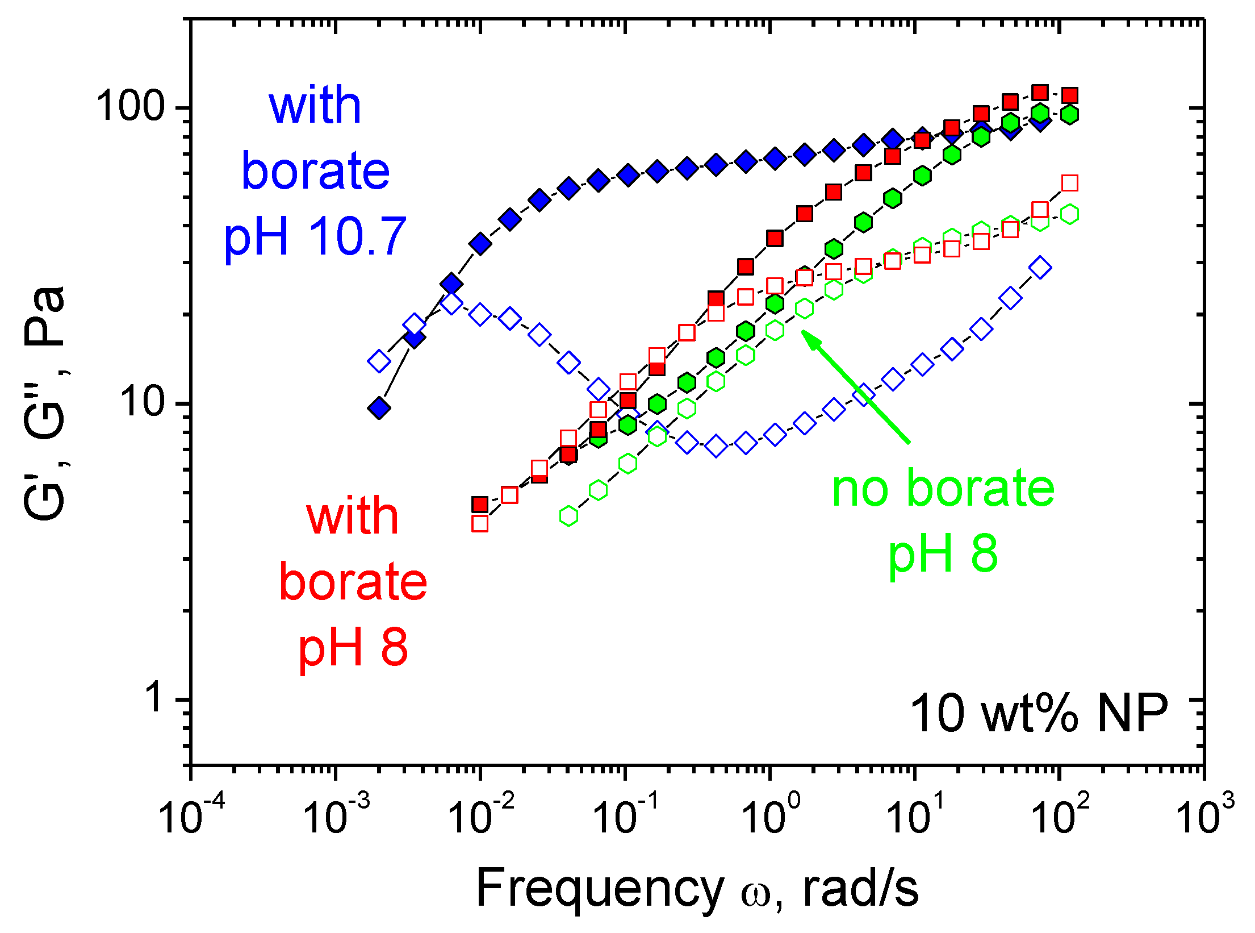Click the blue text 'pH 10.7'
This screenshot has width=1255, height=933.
(x=315, y=236)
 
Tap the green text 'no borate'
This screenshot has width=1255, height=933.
(x=943, y=489)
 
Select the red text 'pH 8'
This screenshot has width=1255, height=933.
(x=353, y=648)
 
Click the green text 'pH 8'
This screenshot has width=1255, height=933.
(x=943, y=554)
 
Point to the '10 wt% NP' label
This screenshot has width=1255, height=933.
(x=1039, y=714)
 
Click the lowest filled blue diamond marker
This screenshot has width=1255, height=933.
(x=379, y=407)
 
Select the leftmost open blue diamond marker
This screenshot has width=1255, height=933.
(x=379, y=361)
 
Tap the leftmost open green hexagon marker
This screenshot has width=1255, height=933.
(x=568, y=516)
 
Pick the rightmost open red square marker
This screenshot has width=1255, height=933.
(x=1069, y=183)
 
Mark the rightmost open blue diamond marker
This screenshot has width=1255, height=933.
(x=1040, y=267)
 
